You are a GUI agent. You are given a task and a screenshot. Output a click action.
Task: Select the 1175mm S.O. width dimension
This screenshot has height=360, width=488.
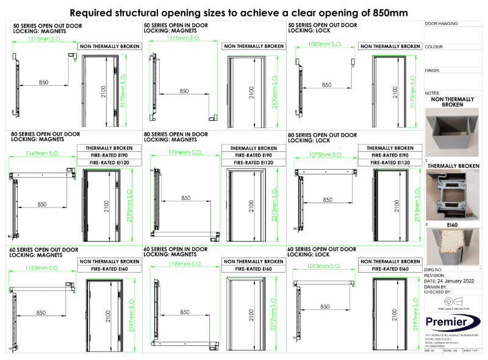[184, 38]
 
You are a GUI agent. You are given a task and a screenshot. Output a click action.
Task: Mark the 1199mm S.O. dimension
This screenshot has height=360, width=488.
[183, 264]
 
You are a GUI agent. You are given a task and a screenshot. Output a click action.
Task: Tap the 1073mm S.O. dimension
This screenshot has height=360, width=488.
[323, 266]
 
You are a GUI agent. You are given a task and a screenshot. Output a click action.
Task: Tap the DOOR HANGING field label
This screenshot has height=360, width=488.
[441, 23]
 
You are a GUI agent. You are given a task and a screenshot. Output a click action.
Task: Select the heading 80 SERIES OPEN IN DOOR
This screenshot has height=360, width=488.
[176, 134]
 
